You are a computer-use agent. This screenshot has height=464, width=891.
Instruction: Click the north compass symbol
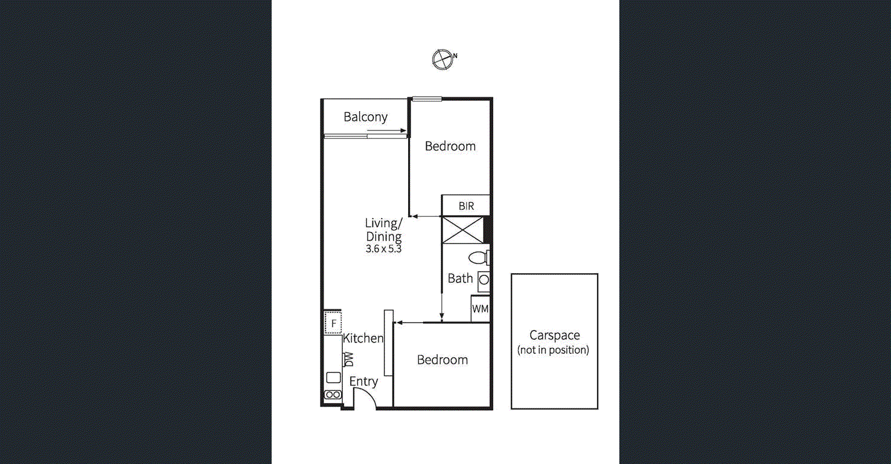[x=442, y=59]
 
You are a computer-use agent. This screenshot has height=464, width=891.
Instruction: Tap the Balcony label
[x=365, y=117]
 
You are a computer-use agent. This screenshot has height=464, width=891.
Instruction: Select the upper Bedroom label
[x=450, y=146]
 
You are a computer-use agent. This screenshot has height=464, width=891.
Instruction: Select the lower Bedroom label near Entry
[x=442, y=359]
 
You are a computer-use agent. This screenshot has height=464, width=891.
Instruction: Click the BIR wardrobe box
[x=465, y=205]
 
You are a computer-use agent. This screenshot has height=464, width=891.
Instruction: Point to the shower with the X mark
[x=462, y=230]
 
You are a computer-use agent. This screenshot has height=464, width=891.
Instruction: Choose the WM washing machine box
[x=480, y=309]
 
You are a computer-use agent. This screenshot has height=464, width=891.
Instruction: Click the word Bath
[x=460, y=279]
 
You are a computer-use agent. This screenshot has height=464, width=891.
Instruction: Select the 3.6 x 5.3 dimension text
[x=383, y=248]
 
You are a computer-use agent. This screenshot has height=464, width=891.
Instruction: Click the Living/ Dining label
[x=383, y=230]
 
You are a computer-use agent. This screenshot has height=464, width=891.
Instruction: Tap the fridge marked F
[x=333, y=323]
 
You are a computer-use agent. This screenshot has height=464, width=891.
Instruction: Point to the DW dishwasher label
[x=348, y=359]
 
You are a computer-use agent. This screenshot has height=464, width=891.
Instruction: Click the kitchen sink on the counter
[x=333, y=378]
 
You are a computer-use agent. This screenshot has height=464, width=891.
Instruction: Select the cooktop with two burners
[x=333, y=395]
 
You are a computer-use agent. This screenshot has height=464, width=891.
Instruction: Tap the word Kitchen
[x=363, y=338]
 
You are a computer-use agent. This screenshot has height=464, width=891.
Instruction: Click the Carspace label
[x=554, y=335]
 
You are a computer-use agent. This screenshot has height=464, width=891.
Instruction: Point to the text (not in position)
[x=553, y=350]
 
